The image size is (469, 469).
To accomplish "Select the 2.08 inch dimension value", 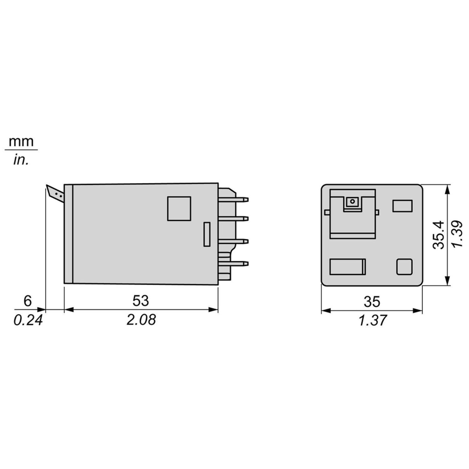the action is pyautogui.click(x=141, y=320).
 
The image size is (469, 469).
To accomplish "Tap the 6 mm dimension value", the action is pyautogui.click(x=27, y=301).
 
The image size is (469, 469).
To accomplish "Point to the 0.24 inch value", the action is pyautogui.click(x=28, y=320).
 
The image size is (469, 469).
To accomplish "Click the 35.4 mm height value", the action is pyautogui.click(x=439, y=235).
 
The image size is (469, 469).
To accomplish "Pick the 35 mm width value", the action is pyautogui.click(x=372, y=302).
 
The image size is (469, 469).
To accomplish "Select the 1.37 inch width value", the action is pyautogui.click(x=372, y=320).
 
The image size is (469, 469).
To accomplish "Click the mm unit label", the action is pyautogui.click(x=21, y=142).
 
